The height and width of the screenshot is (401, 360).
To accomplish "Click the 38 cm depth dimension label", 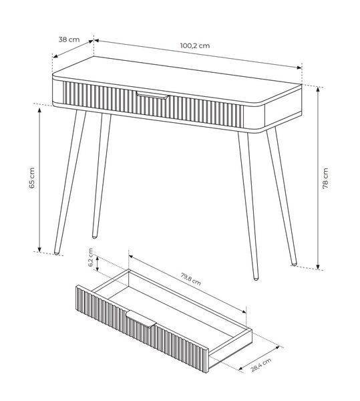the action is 69,39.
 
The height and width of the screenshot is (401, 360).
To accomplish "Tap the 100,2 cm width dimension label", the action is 195,45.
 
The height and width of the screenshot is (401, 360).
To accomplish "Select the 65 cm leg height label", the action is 31,178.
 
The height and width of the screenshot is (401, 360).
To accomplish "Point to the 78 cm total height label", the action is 325,178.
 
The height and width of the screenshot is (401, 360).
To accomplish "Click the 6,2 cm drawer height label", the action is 91,257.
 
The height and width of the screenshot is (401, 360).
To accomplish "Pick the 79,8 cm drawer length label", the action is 190,279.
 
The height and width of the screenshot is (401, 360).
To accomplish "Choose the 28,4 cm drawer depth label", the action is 260,365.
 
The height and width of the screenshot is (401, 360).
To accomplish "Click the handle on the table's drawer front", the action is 152,95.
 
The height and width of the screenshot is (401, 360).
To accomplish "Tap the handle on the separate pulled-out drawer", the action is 141,319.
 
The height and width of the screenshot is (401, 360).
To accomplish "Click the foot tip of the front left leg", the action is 57,253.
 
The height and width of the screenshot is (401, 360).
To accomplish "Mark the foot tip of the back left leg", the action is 95,237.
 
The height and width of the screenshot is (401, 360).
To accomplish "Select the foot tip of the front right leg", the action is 256,278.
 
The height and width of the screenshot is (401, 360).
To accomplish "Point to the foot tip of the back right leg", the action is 294,264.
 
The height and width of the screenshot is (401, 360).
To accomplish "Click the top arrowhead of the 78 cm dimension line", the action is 318,89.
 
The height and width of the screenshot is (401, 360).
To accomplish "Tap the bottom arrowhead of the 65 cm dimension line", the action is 39,249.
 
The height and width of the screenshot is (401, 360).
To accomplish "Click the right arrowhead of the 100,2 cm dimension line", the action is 299,68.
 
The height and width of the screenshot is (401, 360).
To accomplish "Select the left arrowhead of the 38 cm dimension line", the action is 55,55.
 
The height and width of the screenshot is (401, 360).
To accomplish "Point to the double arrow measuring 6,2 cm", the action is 98,263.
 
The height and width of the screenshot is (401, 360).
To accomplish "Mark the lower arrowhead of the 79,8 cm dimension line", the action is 244,311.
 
